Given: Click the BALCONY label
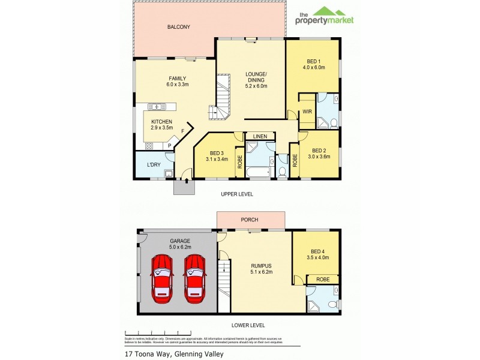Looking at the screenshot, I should coord(179,27).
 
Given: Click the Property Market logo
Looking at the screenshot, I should coord(325,16).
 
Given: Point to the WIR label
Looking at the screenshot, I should coord(307,112).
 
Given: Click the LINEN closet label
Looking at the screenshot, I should coord(259,136).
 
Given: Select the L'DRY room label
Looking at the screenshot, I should coord(154,164).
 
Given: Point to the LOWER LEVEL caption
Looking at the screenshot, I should coord(248,325).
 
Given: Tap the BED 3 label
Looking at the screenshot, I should coord(216,152).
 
